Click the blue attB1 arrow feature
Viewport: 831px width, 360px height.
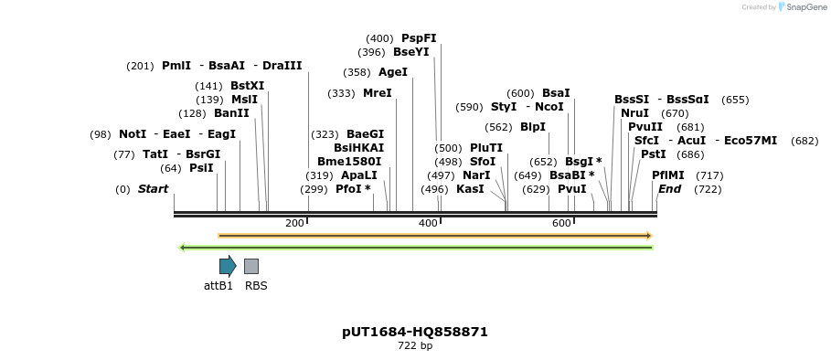228,266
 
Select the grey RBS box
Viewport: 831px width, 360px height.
251,266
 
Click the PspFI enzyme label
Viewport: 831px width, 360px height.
419,38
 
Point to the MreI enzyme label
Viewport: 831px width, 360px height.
377,93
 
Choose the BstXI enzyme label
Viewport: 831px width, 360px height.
248,86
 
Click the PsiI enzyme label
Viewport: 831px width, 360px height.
201,168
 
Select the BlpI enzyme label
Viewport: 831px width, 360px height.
533,127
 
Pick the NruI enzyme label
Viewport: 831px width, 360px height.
635,113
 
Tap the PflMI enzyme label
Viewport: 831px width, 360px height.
668,175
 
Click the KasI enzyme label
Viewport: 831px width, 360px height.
470,189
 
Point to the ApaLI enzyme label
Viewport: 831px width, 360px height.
358,175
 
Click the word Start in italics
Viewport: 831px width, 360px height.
154,189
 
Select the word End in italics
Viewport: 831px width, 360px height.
670,189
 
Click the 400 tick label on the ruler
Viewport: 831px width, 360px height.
428,223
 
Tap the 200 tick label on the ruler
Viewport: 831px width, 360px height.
294,223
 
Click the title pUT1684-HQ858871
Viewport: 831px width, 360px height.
415,332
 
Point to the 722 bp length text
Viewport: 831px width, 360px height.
415,346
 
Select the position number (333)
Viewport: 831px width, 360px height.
341,93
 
